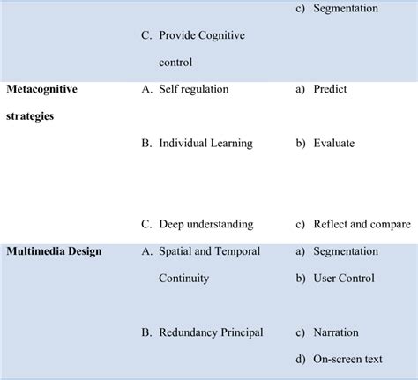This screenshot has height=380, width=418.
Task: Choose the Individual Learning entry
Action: pyautogui.click(x=205, y=143)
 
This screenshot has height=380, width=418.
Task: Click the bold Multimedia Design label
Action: pyautogui.click(x=55, y=251)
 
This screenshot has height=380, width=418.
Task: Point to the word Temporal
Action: pyautogui.click(x=237, y=251)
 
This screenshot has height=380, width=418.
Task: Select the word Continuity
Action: pyautogui.click(x=184, y=278)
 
